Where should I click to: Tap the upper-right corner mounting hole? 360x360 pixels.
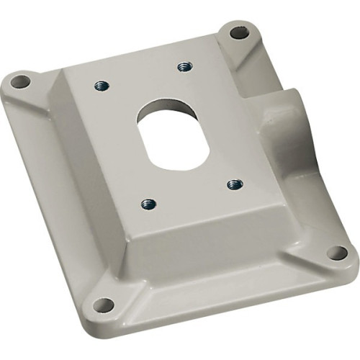pyautogui.click(x=239, y=32)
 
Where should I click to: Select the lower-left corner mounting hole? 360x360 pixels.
pyautogui.click(x=104, y=305)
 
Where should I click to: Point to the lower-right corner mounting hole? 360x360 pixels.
pyautogui.click(x=336, y=253)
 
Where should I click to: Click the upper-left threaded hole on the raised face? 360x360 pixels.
pyautogui.click(x=102, y=85)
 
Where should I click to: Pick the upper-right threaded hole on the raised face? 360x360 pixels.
pyautogui.click(x=184, y=67)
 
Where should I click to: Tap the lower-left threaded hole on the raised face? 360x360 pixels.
pyautogui.click(x=148, y=204)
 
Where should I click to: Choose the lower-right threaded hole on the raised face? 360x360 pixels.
pyautogui.click(x=234, y=184)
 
